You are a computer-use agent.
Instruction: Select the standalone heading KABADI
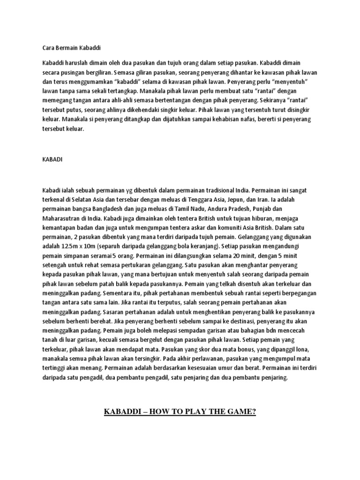coord(50,159)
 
